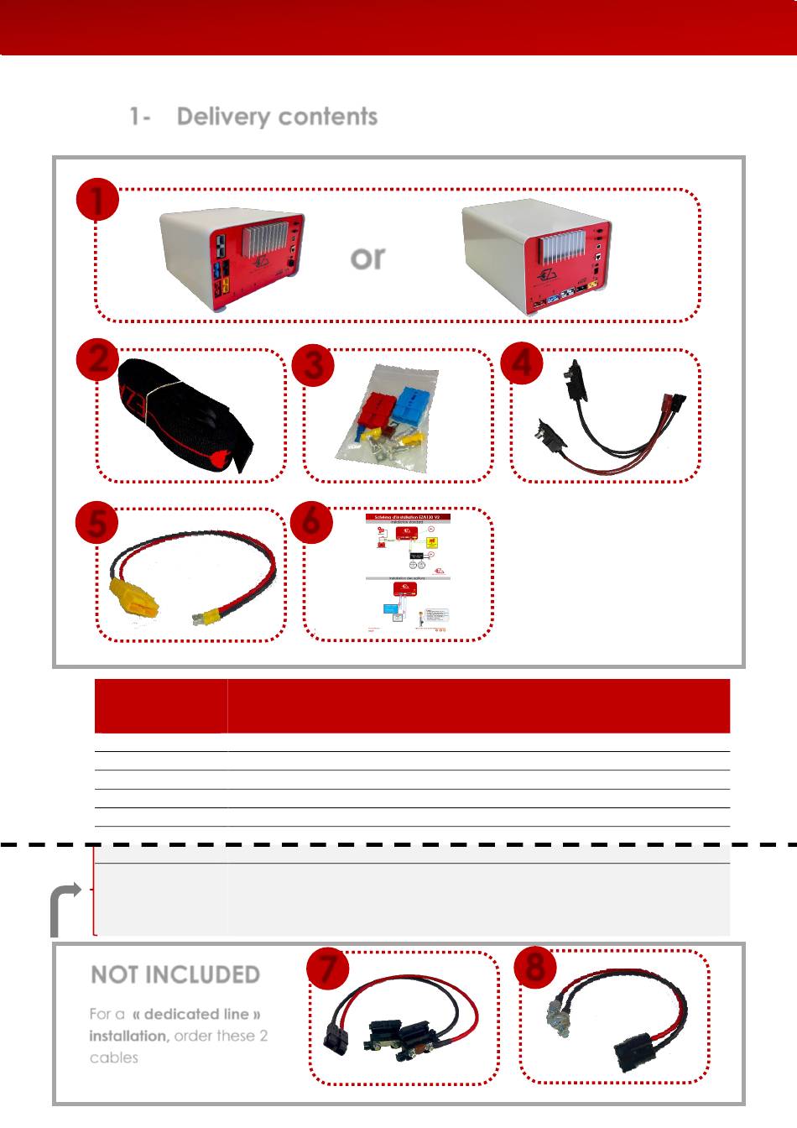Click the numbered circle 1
(97, 201)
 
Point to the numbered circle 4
(521, 363)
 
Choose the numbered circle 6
(311, 521)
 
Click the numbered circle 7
(328, 969)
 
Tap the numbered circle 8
(536, 966)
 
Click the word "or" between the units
(367, 257)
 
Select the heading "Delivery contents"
(277, 117)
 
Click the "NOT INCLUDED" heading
(175, 974)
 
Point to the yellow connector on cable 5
(134, 598)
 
